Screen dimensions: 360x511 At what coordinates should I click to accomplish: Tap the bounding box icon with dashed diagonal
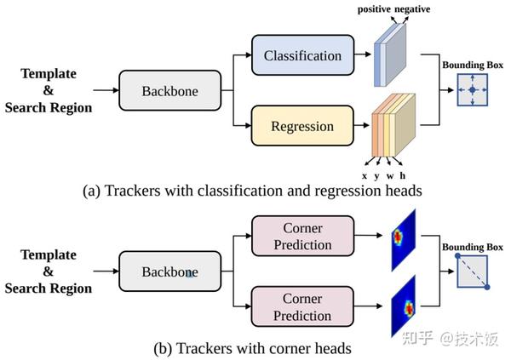click(x=472, y=271)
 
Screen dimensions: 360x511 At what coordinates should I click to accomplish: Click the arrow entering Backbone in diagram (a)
click(x=106, y=89)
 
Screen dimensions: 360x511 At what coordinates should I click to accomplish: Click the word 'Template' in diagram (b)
click(x=48, y=254)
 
